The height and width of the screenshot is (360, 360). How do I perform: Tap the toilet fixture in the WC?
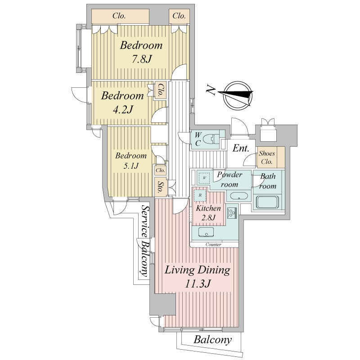(x=213, y=139)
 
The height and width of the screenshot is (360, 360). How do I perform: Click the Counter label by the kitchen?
(x=213, y=245)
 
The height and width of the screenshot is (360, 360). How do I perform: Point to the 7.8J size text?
(x=141, y=59)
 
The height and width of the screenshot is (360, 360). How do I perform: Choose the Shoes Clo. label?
(x=267, y=157)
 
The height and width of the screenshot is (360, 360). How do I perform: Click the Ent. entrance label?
(x=241, y=148)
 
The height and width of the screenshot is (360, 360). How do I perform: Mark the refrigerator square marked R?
(x=200, y=195)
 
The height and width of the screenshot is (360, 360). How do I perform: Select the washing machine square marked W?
(x=204, y=178)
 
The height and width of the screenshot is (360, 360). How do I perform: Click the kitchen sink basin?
(x=206, y=232)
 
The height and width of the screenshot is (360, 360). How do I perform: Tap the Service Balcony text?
(x=145, y=241)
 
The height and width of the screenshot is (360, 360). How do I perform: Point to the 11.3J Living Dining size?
(x=198, y=284)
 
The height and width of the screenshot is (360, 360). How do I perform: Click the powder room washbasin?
(x=239, y=197)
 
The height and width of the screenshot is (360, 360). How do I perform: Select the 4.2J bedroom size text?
(x=123, y=109)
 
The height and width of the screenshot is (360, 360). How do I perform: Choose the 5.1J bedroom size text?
(x=131, y=166)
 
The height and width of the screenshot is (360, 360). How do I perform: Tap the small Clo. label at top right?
(x=179, y=16)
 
